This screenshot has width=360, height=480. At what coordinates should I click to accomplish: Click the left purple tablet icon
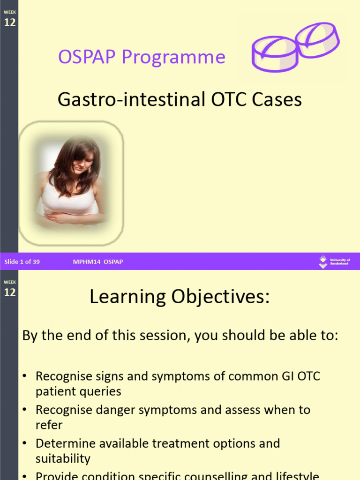point(275,54)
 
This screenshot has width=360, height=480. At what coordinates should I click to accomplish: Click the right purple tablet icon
point(317,40)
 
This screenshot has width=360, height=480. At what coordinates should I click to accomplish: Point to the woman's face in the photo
point(83,162)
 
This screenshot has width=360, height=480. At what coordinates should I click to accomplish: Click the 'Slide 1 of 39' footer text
point(22,262)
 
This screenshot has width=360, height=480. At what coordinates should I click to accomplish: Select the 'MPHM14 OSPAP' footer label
point(98,262)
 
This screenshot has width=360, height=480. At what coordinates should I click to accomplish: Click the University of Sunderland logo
point(334,262)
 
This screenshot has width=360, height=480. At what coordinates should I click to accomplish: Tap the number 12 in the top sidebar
point(10,22)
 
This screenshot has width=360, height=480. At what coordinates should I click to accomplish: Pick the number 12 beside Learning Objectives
point(10,292)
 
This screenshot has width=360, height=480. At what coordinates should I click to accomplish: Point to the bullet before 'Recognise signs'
point(25,376)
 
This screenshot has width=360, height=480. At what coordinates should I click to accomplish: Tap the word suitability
point(63,458)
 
